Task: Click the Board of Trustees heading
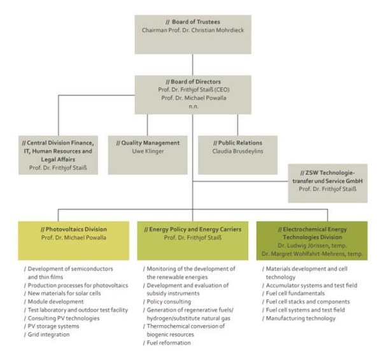coord(193,22)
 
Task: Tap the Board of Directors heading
coord(193,82)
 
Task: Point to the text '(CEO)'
coord(222,90)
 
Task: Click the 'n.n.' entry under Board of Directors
coord(194,106)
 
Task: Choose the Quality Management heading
coord(148,143)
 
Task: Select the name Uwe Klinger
coord(148,151)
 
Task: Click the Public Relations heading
coord(237,143)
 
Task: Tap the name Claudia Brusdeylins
coord(237,151)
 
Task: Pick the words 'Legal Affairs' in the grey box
coord(58,160)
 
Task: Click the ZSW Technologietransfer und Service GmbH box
coord(328,183)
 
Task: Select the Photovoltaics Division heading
coord(74,229)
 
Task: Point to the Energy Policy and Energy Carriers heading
coord(193,229)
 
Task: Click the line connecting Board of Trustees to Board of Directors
coord(193,64)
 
